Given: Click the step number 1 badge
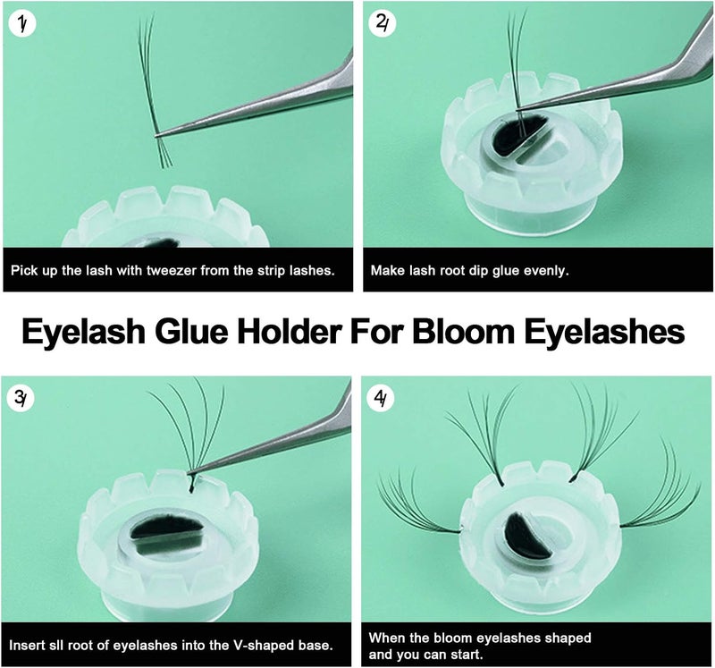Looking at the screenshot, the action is pos(21,25).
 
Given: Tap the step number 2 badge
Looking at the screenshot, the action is pos(383,25).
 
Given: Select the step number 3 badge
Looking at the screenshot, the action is pos(21,398).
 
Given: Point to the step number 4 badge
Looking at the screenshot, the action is pos(381,398).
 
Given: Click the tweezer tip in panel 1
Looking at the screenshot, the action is pos(157,135).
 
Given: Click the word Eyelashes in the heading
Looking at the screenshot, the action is pos(604,332).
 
